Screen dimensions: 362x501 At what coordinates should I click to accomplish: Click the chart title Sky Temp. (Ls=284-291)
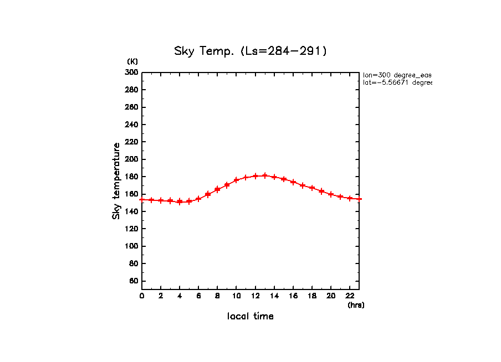tap(250, 51)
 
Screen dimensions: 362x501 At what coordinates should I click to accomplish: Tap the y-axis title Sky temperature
tap(116, 181)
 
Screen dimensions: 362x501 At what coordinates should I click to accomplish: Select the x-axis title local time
tap(250, 317)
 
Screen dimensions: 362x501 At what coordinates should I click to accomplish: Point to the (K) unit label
tap(132, 61)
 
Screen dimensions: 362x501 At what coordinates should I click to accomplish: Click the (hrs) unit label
tap(356, 305)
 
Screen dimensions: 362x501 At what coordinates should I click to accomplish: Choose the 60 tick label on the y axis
tap(134, 281)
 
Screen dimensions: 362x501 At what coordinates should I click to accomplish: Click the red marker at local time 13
tap(265, 175)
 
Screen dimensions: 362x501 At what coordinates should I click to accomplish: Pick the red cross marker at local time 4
tap(180, 201)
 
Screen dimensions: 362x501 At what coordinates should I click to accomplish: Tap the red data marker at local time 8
tap(217, 189)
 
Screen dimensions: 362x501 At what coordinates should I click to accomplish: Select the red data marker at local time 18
tap(312, 188)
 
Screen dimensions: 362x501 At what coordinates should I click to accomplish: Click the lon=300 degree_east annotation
tap(397, 75)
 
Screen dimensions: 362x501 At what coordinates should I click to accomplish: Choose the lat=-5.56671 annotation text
tap(397, 82)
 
